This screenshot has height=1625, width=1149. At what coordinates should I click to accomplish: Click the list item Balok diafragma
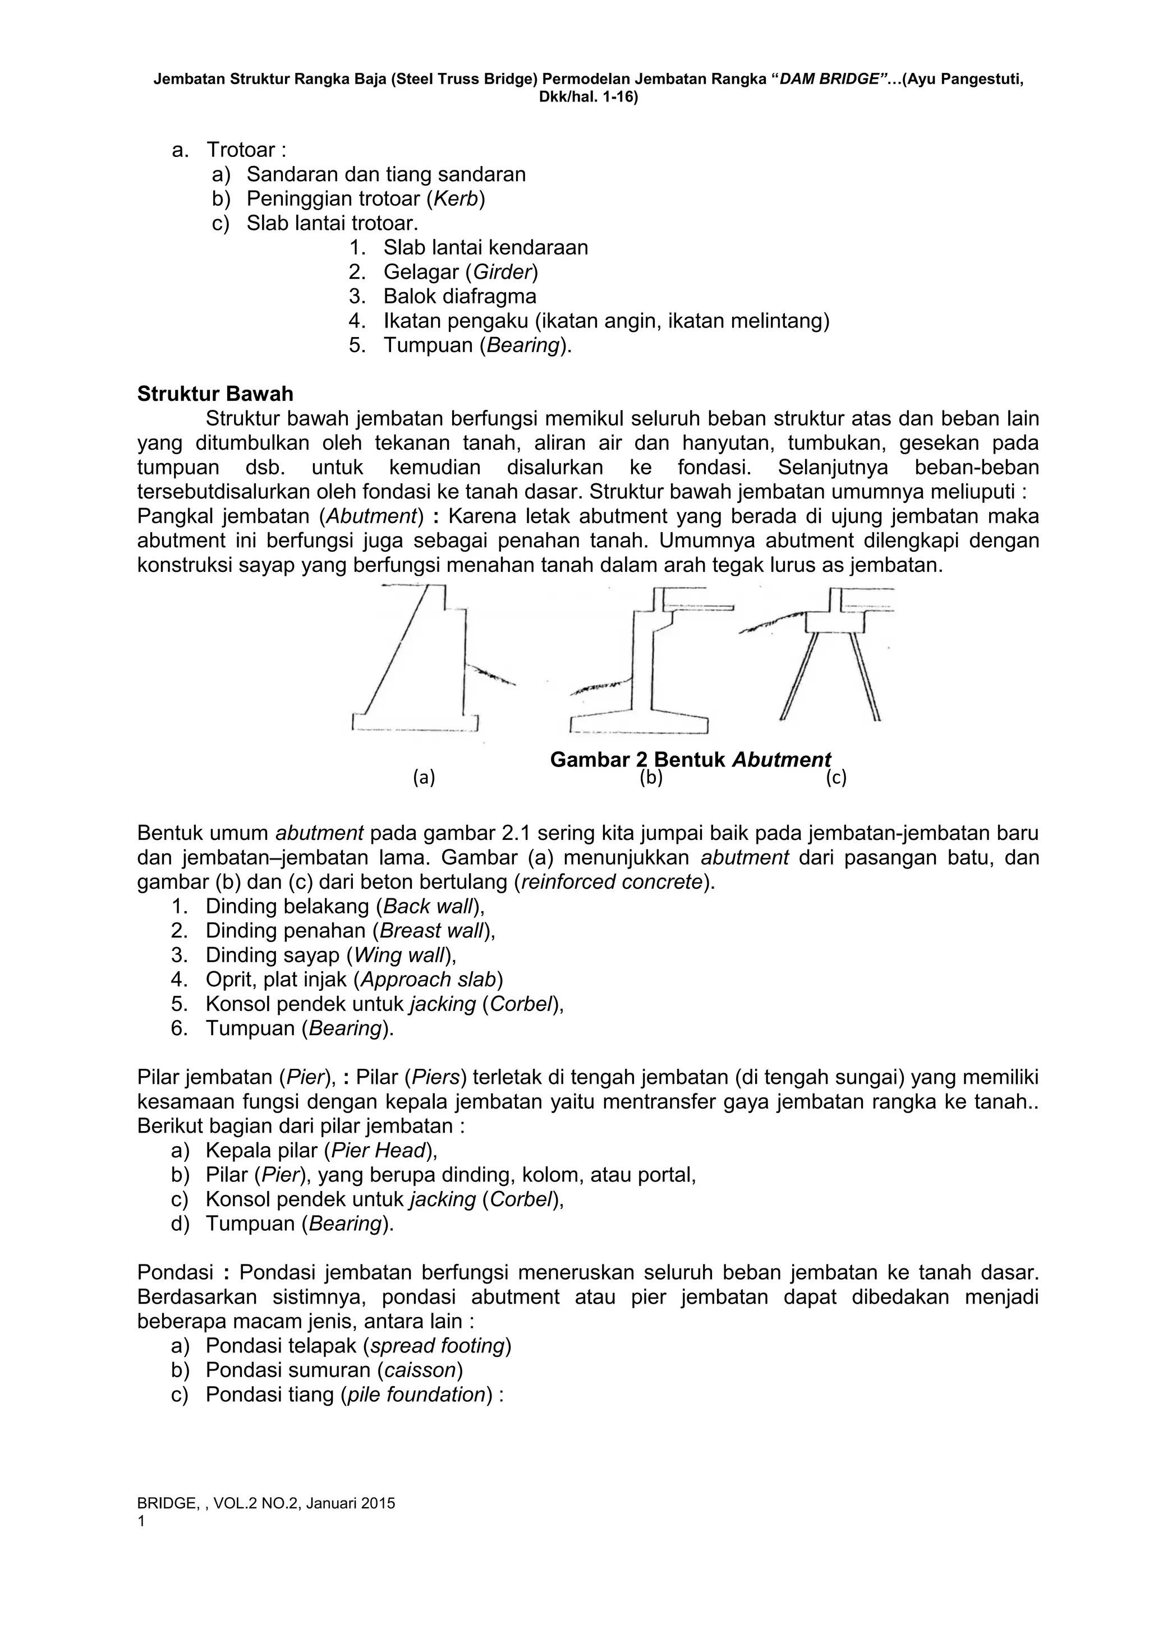pos(459,296)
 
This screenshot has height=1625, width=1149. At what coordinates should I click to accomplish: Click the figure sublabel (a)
pos(424,778)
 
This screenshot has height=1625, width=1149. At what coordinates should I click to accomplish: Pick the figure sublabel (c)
pos(836,778)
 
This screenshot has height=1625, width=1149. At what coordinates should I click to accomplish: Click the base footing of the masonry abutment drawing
pos(415,723)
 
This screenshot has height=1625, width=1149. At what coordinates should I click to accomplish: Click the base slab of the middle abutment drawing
pos(638,724)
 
